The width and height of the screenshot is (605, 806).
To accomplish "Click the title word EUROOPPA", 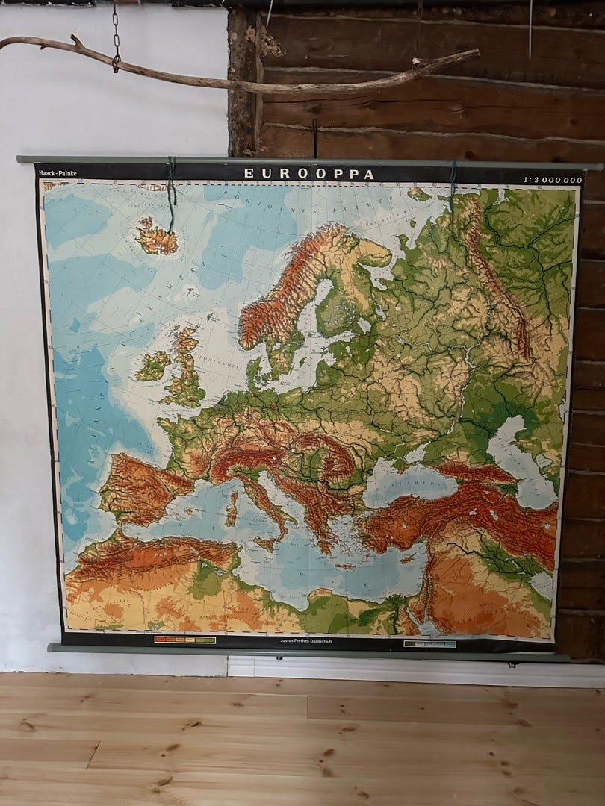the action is point(309,174).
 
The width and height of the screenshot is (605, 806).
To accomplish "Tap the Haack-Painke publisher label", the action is point(58,174).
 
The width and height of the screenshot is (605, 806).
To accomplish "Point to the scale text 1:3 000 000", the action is point(552,180).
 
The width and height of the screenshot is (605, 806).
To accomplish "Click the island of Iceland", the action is point(157,237).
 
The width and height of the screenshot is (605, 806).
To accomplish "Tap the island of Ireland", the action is point(153,365).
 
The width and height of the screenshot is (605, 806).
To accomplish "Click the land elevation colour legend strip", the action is point(184,640).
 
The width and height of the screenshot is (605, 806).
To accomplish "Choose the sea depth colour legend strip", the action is point(429,643).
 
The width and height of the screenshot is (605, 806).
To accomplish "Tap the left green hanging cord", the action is point(172,195).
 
